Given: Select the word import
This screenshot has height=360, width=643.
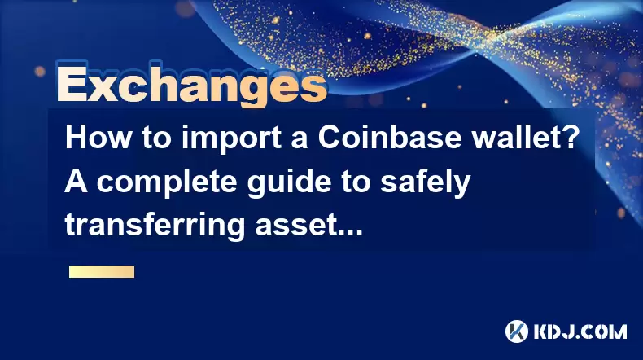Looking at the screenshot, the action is [231, 139].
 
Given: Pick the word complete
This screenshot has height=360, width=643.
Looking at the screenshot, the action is [167, 183].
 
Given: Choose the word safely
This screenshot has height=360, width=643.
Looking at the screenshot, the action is [425, 183].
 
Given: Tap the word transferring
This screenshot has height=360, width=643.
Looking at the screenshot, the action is [155, 226].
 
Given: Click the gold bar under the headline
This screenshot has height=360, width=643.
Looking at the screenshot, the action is [102, 272].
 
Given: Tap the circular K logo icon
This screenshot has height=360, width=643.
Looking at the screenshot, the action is [516, 331].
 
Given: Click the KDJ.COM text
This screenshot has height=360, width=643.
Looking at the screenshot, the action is [580, 331].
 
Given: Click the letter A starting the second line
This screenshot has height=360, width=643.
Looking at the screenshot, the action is [76, 182].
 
